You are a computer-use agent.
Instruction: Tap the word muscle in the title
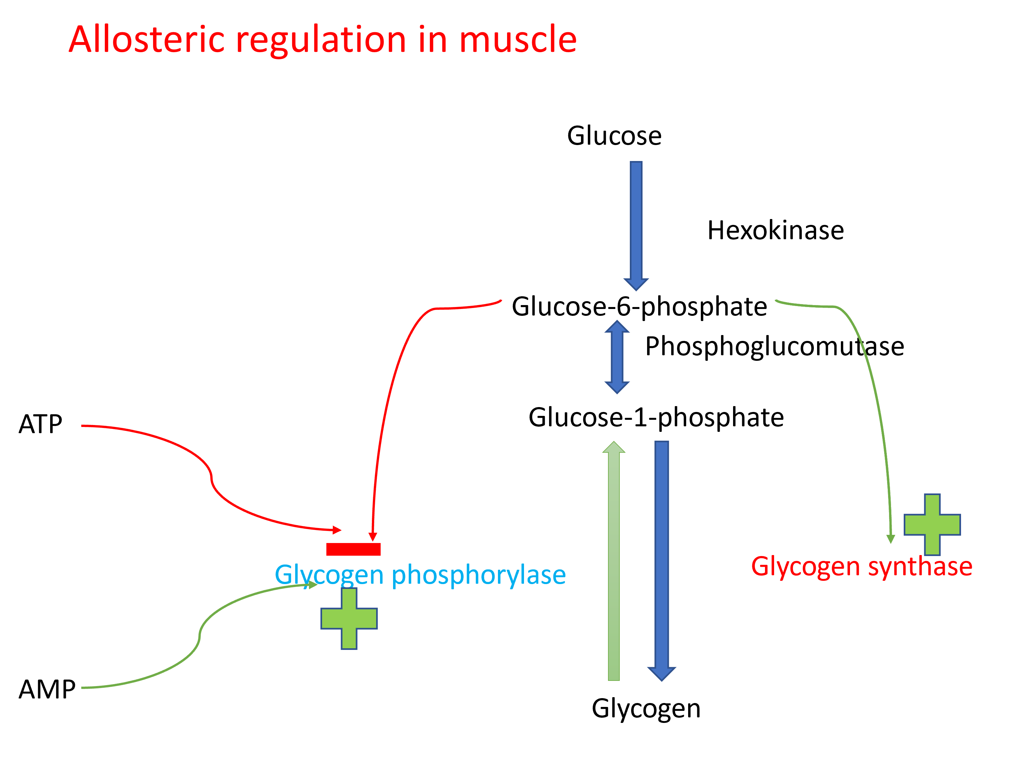518,40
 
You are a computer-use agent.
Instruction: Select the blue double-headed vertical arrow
617,357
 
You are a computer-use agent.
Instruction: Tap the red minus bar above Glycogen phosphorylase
353,549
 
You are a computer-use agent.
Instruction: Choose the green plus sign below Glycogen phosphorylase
349,619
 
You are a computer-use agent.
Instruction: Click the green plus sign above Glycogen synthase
932,525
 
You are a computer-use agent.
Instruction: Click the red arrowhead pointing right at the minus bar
337,530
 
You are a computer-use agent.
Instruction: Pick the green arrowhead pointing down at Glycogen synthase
891,539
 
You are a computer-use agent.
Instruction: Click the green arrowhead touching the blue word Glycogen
313,585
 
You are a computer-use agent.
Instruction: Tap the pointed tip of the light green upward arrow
614,442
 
